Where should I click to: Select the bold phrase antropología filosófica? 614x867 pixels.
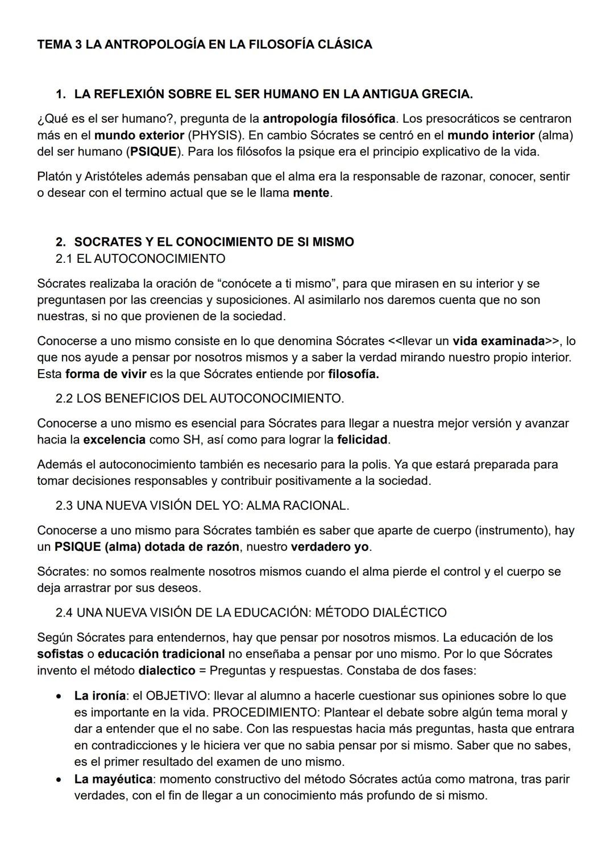(329, 119)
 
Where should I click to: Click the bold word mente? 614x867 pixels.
(311, 192)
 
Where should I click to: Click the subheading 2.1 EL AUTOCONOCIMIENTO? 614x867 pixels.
(140, 258)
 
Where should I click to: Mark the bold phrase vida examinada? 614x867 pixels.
(498, 341)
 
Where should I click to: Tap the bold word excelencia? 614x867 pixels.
(114, 439)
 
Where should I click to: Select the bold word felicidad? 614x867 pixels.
(363, 439)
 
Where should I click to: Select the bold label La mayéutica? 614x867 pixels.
(113, 779)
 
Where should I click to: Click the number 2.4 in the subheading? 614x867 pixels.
(64, 613)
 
